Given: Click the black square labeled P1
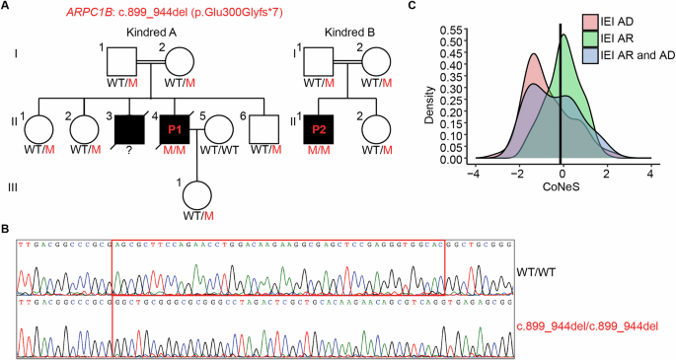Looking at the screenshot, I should (176, 130).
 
